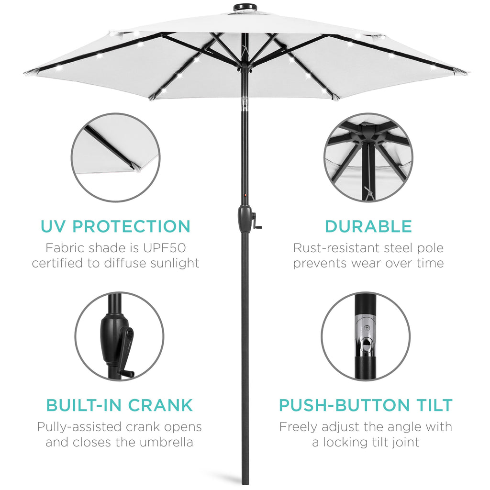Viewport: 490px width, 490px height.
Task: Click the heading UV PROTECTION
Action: [115, 226]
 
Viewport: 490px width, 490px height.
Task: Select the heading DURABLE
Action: [368, 226]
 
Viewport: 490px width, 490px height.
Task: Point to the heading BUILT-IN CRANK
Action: [119, 405]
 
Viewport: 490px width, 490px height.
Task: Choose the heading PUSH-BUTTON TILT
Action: [366, 405]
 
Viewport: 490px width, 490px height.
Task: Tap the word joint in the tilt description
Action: [404, 442]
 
